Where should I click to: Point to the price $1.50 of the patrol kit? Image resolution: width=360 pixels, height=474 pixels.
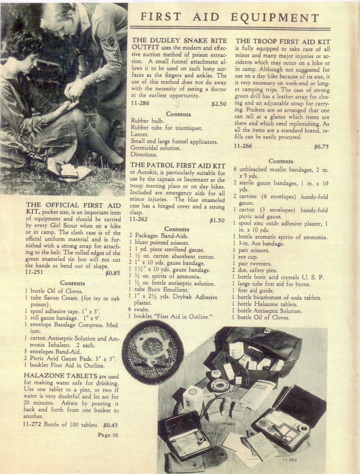[x=217, y=220]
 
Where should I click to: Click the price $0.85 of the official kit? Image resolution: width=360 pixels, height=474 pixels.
[x=112, y=273]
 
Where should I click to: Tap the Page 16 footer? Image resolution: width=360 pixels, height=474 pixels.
[x=108, y=435]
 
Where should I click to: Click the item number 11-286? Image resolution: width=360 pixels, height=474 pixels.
[x=140, y=104]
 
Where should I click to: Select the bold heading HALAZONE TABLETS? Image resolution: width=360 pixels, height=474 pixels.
[x=60, y=376]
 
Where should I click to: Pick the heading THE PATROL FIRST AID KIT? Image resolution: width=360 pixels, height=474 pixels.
[x=178, y=166]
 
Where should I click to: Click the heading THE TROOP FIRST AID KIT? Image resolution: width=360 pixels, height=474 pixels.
[x=283, y=41]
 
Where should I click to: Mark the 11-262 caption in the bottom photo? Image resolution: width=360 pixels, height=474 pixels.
[x=289, y=460]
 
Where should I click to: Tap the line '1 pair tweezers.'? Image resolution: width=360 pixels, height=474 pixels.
[x=252, y=264]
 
